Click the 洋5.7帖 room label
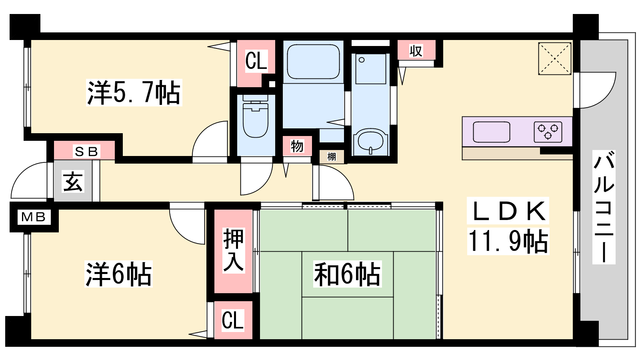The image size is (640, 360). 134,92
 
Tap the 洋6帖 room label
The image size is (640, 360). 118,274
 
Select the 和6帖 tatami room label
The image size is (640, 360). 347,274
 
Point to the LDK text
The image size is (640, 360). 508,211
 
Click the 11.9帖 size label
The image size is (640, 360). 508,241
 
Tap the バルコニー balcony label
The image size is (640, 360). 604,207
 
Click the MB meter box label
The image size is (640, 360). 34,217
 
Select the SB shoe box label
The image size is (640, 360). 86,152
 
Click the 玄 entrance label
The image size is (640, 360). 73,182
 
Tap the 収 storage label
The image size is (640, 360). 416,51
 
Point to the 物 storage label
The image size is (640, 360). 297,146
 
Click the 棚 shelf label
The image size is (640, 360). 332,156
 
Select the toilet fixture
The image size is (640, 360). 256,116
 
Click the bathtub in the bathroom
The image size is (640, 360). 314,62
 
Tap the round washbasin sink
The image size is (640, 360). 370,141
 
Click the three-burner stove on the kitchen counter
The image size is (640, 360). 548,132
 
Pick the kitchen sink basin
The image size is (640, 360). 492,132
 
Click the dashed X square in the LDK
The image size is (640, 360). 554,58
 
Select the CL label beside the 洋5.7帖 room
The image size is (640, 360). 256,60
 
